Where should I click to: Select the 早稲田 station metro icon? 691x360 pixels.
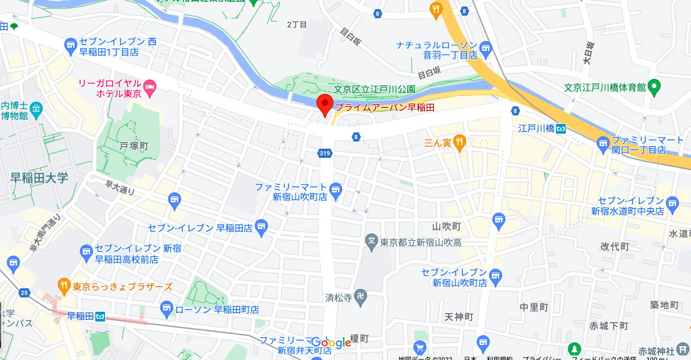tap(100, 317)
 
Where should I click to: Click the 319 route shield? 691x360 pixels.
tap(325, 153)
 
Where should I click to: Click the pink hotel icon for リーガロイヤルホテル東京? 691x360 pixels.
tap(150, 86)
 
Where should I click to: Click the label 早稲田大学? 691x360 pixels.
tap(39, 178)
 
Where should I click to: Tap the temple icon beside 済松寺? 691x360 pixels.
tap(361, 298)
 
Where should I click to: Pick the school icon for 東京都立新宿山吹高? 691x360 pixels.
tap(371, 241)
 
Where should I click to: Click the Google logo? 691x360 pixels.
tap(331, 343)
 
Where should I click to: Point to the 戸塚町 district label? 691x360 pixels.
tap(134, 146)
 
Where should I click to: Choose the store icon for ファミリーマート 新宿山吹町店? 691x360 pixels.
tap(336, 191)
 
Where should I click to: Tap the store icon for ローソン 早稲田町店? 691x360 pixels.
tap(166, 308)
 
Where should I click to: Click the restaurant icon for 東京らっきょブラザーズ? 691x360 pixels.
tap(63, 285)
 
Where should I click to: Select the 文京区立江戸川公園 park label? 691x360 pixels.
tap(375, 90)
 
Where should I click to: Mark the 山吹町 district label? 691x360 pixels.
tap(447, 226)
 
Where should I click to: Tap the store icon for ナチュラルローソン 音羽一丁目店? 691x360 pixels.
tap(485, 48)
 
